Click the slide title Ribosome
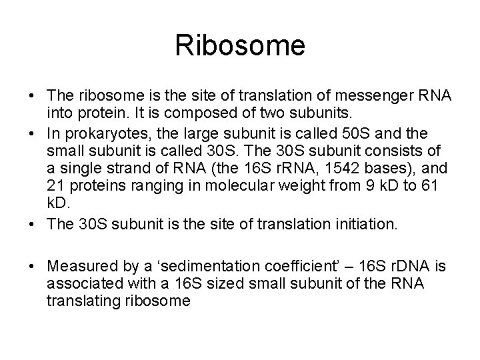(240, 46)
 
